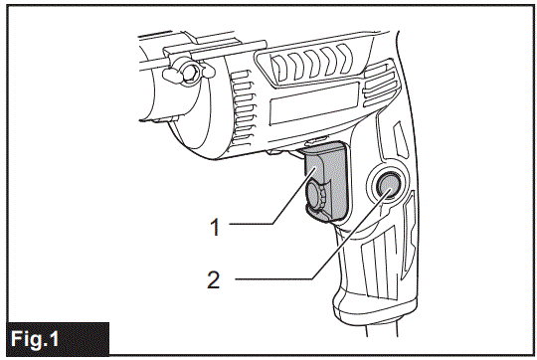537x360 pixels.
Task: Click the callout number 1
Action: pos(214,227)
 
